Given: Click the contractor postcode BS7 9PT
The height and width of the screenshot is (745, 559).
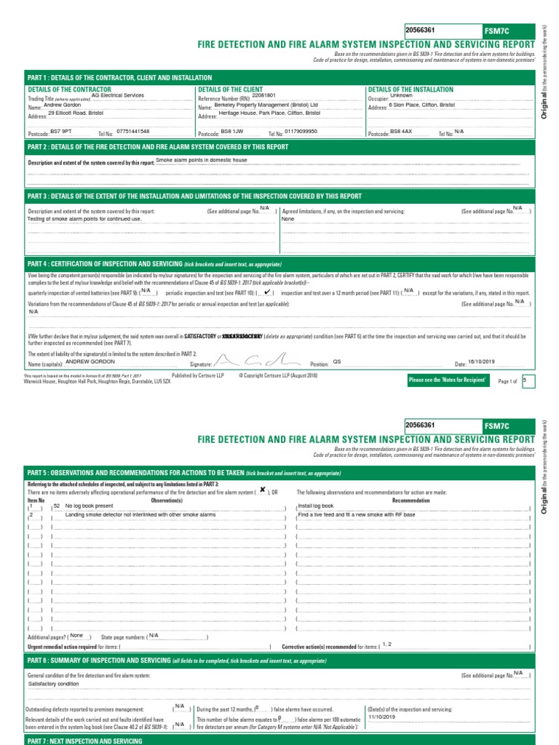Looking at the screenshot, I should coord(60,131).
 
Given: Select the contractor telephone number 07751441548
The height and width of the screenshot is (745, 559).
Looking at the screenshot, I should coord(133,131).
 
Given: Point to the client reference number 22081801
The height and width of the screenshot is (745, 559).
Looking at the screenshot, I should coord(264,95).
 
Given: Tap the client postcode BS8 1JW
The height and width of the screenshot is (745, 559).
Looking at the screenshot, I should coord(231,131).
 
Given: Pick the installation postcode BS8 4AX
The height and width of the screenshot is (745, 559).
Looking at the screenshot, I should coord(401,131).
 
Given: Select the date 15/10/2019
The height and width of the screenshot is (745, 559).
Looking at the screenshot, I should coord(483,362).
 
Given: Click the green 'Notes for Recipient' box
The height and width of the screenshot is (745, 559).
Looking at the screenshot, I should coord(447,381).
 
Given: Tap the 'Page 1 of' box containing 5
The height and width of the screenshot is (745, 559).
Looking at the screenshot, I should coord(528,381).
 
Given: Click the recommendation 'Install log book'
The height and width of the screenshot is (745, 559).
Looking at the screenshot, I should coord(316,505).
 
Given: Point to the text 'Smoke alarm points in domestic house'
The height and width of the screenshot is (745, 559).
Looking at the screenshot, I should coord(202,160).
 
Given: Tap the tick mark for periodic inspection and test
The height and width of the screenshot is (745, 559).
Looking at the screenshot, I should coord(269,292).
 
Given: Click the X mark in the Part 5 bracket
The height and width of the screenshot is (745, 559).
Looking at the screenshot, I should coord(262,490).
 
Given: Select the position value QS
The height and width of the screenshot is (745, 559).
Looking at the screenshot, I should coord(337,361).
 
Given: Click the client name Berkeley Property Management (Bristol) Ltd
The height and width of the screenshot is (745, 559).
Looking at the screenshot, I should coord(267,105).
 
